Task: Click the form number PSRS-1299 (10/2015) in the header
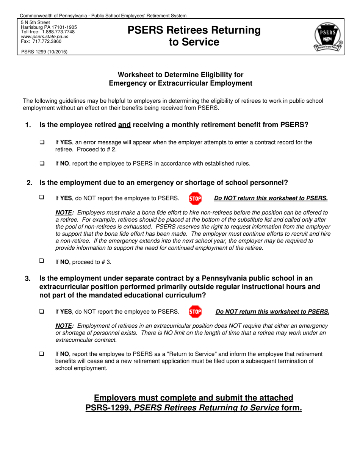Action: [44, 52]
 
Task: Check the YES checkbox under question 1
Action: [42, 142]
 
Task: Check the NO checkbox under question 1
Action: [42, 164]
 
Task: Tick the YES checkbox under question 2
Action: [42, 197]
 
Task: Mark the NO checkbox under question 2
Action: [42, 261]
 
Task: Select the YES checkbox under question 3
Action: [42, 311]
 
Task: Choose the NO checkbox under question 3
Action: [42, 354]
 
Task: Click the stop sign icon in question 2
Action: [195, 198]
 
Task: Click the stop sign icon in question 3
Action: [195, 312]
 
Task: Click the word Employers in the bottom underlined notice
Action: [116, 398]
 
